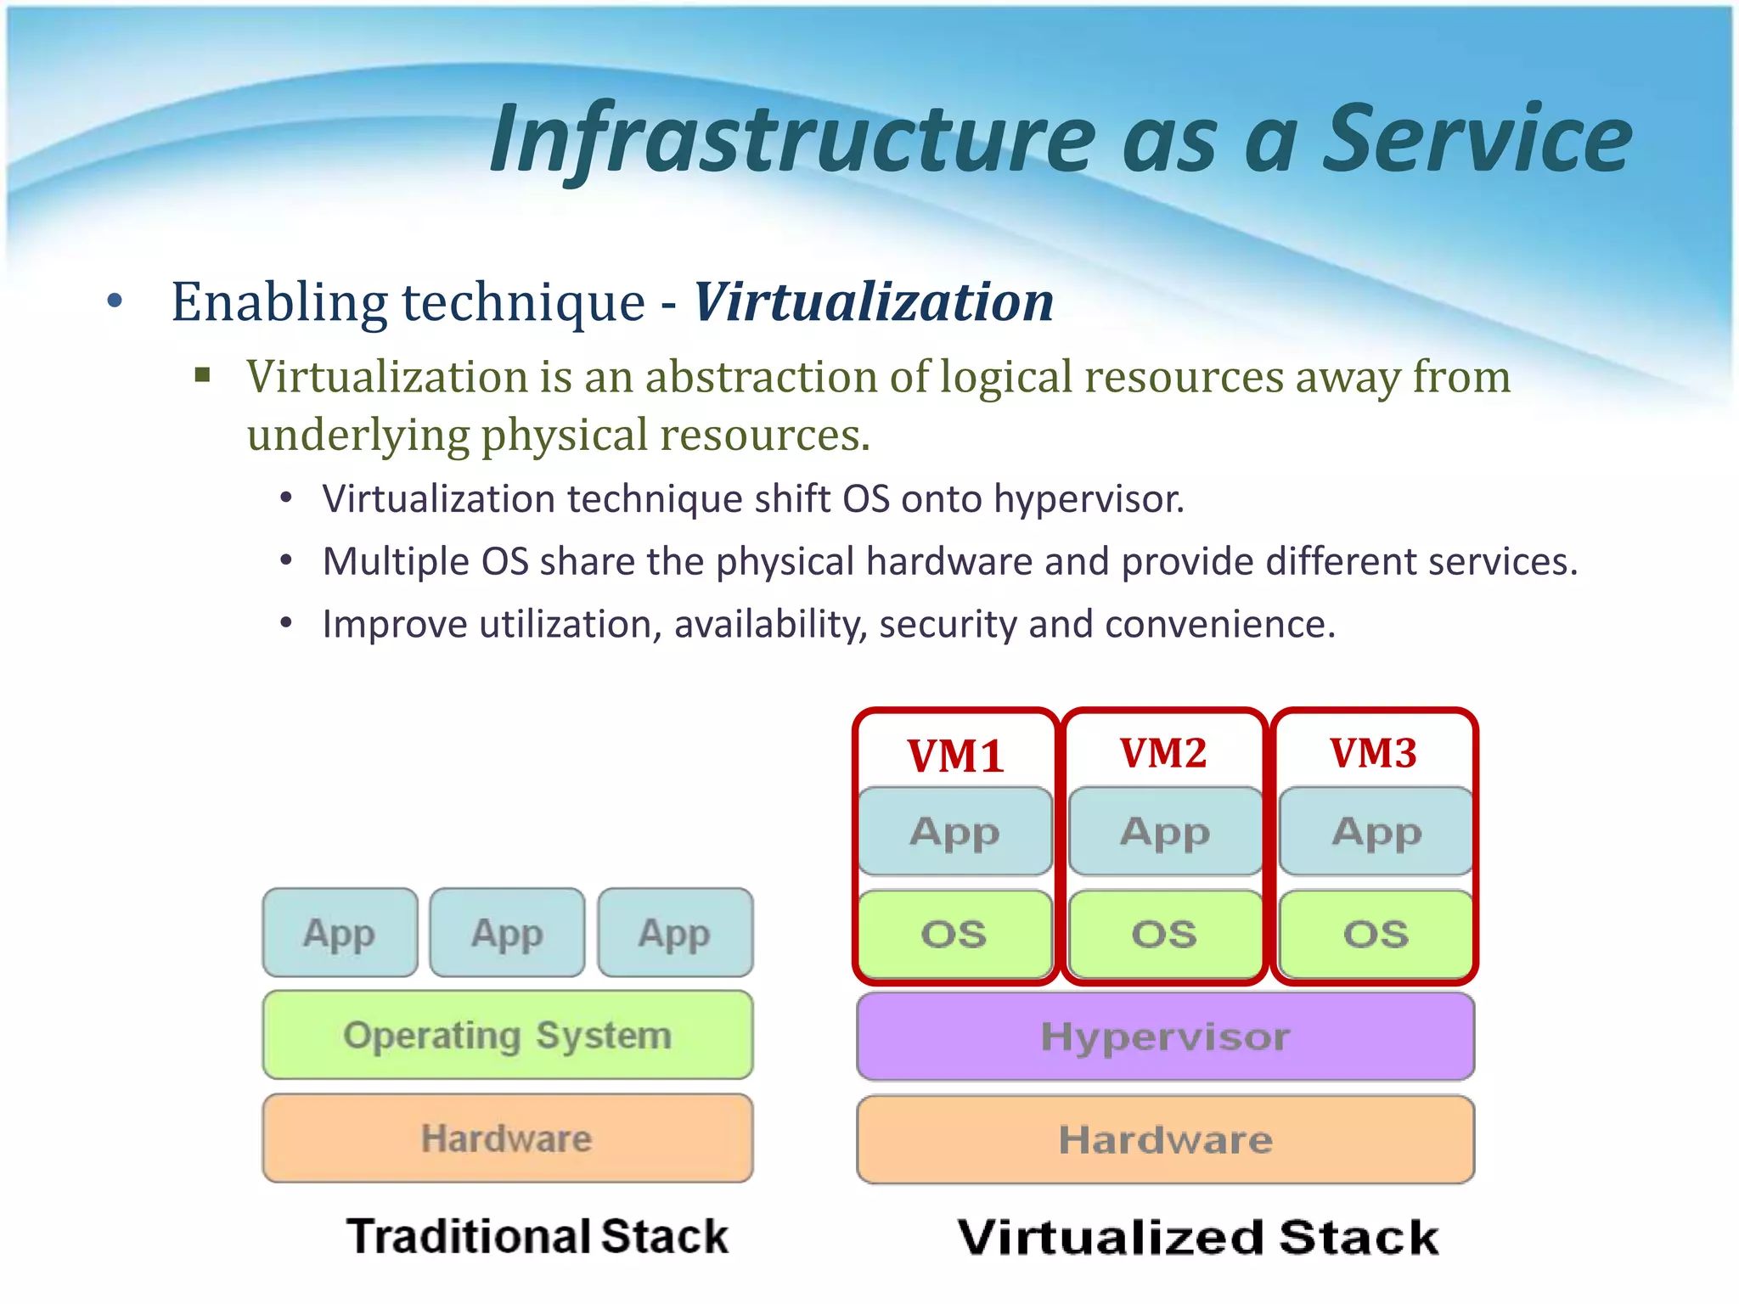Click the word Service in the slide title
click(1477, 138)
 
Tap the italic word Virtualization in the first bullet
click(874, 302)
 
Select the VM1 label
click(955, 755)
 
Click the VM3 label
click(1373, 753)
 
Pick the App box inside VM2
click(1165, 831)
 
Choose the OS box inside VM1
click(954, 934)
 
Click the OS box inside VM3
click(1376, 934)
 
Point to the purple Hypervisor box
click(1165, 1037)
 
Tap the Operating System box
click(507, 1035)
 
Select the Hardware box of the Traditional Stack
click(507, 1138)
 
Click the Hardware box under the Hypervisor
click(1165, 1139)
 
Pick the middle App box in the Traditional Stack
click(507, 932)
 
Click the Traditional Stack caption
click(537, 1236)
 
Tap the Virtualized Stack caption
click(1198, 1237)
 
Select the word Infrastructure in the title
click(794, 138)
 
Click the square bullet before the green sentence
click(202, 375)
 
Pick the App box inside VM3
click(1376, 831)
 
